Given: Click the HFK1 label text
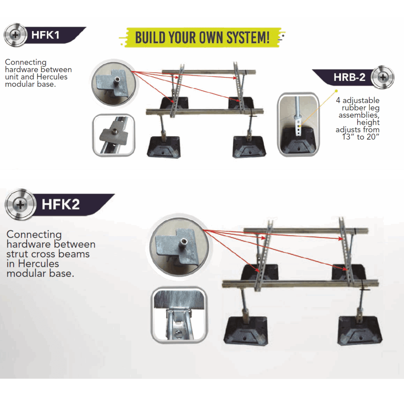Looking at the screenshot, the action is point(45,35).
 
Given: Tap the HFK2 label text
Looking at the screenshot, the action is point(61,204).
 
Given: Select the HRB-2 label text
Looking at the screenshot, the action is point(349,77).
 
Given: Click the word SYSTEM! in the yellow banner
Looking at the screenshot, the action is point(248,38).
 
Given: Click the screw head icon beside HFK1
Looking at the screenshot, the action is point(15,35).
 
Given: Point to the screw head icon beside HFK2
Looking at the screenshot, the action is point(20,205).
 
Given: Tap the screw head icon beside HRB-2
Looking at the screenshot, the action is point(383,77).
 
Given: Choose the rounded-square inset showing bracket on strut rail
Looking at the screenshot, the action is point(114,135).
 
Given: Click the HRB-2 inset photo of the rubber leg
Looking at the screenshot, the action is point(298,124).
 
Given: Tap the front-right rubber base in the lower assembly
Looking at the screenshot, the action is point(360,330).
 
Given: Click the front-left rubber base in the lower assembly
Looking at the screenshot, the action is point(246,330).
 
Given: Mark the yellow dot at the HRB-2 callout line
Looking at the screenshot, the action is point(336,91).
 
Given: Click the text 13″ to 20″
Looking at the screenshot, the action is point(361,137).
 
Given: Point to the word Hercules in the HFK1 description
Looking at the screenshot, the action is point(52,77).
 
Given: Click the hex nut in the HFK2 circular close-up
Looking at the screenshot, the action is point(184,242).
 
